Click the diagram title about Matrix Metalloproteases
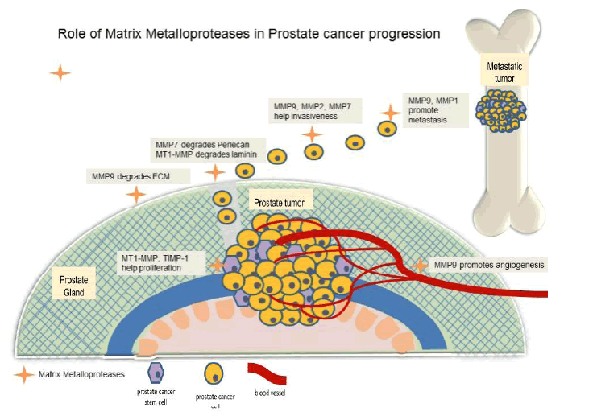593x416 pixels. pyautogui.click(x=248, y=35)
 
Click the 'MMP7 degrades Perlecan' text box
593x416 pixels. pyautogui.click(x=205, y=147)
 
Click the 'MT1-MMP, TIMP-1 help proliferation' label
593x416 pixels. pyautogui.click(x=162, y=262)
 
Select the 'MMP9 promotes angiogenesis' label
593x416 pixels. pyautogui.click(x=489, y=264)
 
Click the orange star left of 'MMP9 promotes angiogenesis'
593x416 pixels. pyautogui.click(x=419, y=264)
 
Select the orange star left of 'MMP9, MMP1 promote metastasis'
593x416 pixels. pyautogui.click(x=391, y=113)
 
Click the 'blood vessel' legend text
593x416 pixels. pyautogui.click(x=270, y=393)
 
